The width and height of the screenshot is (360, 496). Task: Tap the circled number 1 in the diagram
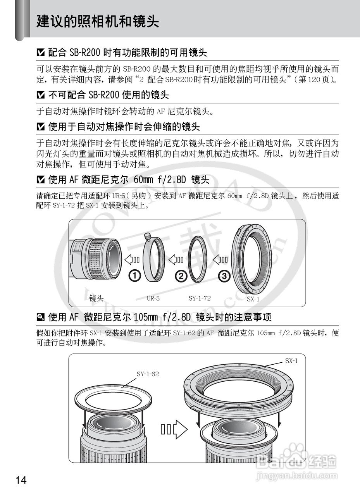135,276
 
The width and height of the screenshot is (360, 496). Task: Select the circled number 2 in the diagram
181,276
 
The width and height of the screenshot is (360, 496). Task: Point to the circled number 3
224,276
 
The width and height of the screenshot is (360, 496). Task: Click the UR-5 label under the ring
153,298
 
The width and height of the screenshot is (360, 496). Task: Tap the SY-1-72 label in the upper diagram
200,298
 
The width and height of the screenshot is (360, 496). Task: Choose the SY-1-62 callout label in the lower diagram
148,374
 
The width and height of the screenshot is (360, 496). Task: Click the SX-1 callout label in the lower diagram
291,361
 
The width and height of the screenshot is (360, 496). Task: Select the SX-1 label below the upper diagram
253,299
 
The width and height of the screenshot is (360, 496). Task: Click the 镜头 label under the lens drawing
96,298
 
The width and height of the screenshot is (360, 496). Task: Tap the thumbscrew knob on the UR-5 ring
148,236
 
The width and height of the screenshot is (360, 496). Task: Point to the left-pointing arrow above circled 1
132,260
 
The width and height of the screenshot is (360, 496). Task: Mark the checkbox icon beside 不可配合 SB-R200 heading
41,95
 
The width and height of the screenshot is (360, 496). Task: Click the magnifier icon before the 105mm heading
41,317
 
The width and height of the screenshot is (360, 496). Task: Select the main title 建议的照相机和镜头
98,21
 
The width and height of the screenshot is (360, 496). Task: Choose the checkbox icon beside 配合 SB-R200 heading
41,53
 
